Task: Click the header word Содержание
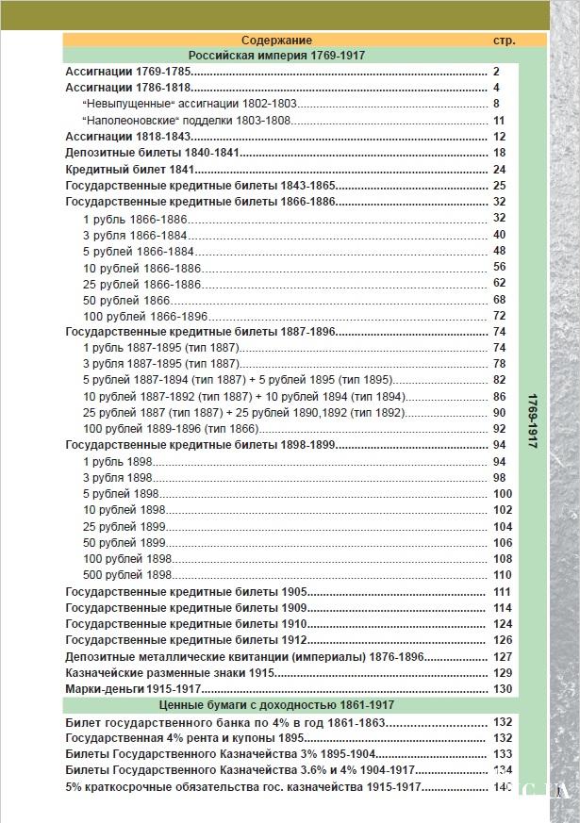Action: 275,41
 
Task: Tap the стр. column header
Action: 504,41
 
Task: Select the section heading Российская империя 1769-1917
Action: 276,56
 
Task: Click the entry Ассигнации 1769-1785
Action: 128,72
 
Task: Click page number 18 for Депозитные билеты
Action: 500,153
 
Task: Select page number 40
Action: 500,235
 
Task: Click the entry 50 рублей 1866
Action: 126,300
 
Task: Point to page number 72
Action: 500,316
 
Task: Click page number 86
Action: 500,396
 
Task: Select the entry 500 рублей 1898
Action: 127,575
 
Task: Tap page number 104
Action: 503,526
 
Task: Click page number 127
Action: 503,657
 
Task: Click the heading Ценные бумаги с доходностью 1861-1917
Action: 276,705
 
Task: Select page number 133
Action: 503,754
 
